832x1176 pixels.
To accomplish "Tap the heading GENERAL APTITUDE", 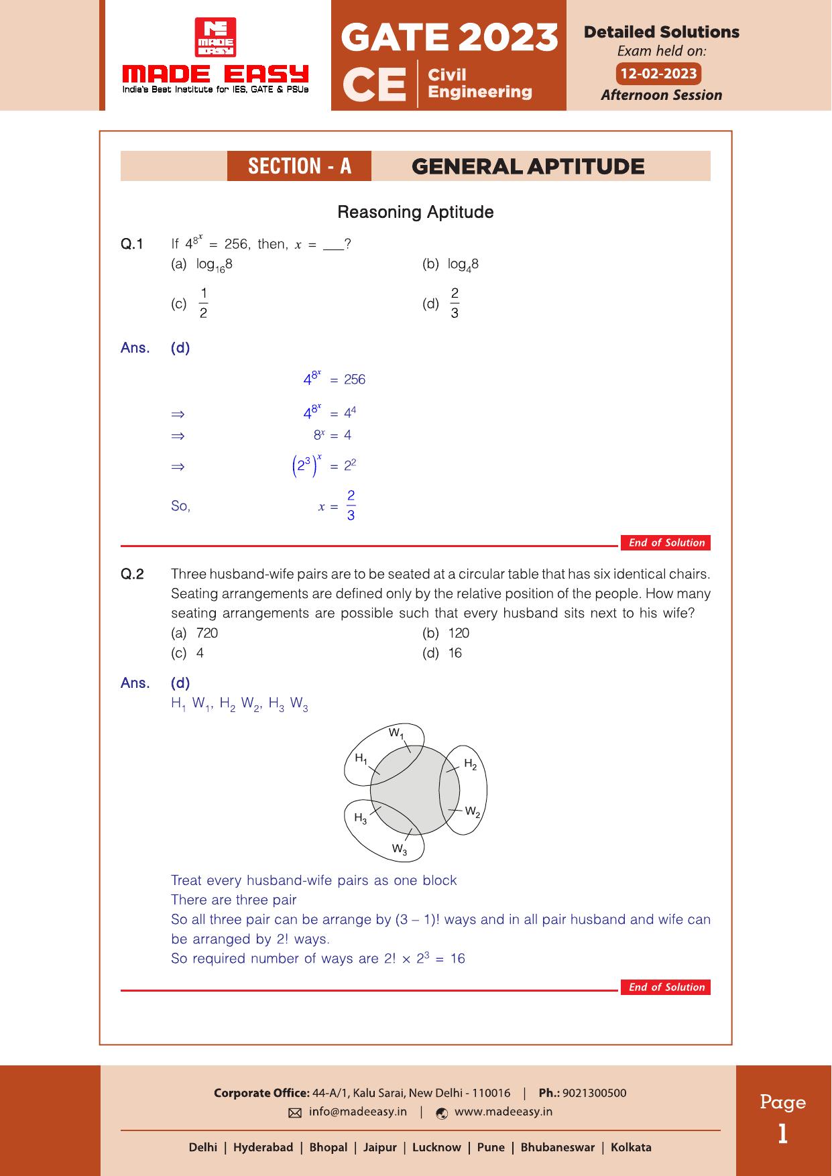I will point(528,166).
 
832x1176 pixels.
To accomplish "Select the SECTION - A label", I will point(299,166).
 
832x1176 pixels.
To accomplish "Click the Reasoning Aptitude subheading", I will point(415,213).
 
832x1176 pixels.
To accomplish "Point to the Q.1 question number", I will point(132,244).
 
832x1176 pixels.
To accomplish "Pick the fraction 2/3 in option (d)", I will point(455,303).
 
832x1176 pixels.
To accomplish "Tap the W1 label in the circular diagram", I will point(396,733).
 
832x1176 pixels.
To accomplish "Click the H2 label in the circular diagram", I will point(470,764).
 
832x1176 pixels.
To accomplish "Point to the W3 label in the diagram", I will point(399,849).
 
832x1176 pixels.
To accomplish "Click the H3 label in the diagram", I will point(360,817).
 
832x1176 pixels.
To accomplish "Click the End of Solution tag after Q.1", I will point(666,543).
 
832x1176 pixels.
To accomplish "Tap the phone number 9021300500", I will point(594,1093).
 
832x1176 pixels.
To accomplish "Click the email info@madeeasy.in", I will point(357,1112).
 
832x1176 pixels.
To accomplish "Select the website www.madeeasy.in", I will point(503,1112).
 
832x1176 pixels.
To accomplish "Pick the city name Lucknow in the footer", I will point(436,1147).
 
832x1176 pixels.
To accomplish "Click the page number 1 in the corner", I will point(782,1134).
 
